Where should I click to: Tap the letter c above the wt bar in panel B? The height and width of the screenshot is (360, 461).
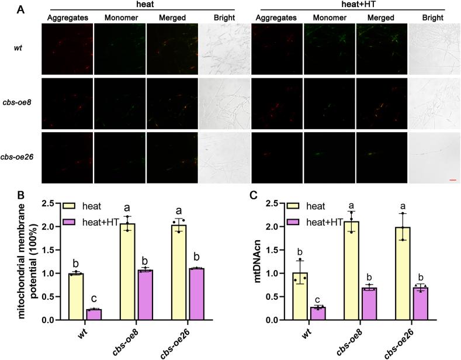(93, 296)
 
